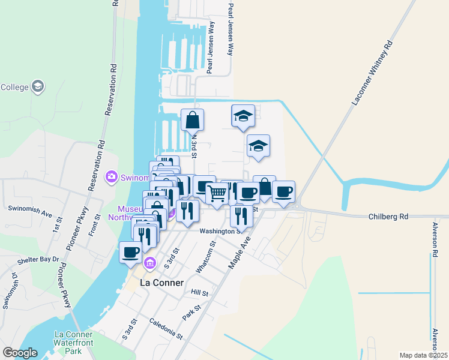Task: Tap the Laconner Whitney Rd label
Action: coord(372,74)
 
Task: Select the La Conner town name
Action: coord(161,283)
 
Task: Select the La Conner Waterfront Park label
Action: coord(74,343)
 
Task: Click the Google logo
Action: coord(20,353)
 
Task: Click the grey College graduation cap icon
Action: coord(38,87)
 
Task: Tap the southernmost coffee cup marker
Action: coord(130,252)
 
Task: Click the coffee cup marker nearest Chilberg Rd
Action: coord(283,191)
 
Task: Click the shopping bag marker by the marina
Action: coord(193,120)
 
